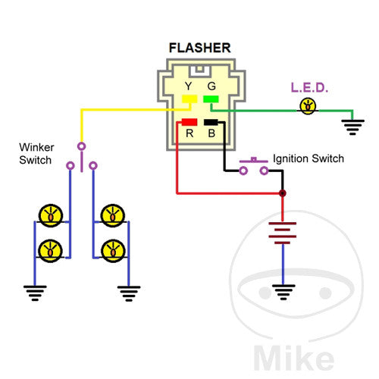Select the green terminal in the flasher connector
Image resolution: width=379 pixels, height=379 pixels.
211,99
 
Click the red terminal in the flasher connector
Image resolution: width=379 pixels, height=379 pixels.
189,122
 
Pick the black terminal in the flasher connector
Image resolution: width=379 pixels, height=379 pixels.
210,122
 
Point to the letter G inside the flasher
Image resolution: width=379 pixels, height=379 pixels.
211,87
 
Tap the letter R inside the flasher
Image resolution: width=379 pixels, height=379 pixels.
190,135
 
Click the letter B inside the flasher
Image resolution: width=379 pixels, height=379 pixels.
211,135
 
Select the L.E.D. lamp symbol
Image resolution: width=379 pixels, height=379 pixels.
308,105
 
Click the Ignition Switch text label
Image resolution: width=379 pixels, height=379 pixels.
309,158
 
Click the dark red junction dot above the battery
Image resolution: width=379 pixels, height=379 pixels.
283,193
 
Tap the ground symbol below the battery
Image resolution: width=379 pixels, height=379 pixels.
283,290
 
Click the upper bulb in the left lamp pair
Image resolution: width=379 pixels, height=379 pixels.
51,215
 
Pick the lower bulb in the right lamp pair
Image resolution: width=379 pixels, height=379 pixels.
113,247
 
